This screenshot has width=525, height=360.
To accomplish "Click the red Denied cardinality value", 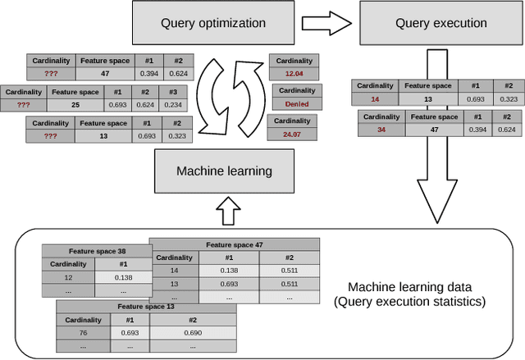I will click(x=296, y=105).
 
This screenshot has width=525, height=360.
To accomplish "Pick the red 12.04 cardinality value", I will click(x=294, y=74).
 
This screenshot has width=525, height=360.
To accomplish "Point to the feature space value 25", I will click(x=75, y=105).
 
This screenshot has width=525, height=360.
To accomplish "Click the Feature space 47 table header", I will click(x=234, y=244).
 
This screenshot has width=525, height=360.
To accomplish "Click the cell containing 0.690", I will click(x=192, y=333).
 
